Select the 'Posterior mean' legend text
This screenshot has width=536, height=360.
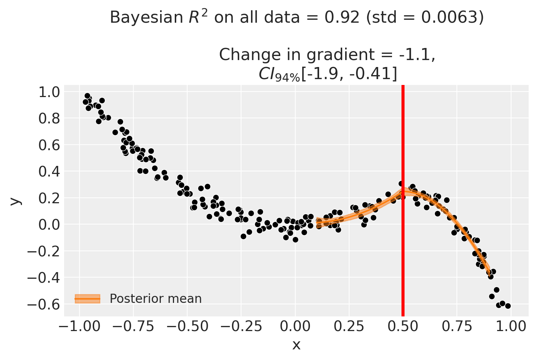156,299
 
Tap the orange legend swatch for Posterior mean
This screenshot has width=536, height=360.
87,299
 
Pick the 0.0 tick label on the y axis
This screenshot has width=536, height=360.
48,224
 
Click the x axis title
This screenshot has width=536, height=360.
296,345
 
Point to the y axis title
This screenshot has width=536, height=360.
15,201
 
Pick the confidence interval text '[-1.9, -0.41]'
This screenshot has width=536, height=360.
349,74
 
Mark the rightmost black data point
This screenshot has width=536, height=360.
508,306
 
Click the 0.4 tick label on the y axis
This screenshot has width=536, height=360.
48,171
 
